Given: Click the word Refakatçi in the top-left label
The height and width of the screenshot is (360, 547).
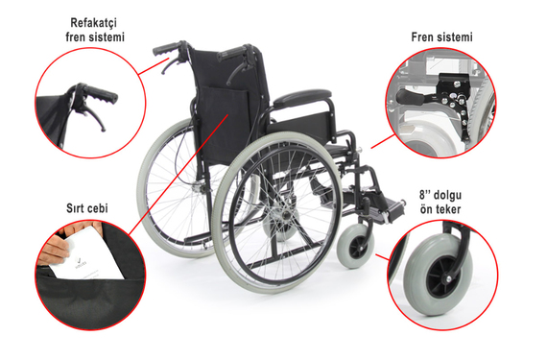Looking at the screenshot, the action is click(x=93, y=23).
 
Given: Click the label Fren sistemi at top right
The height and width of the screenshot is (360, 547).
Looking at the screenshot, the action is click(x=442, y=37).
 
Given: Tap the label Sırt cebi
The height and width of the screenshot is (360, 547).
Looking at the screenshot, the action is click(x=87, y=208).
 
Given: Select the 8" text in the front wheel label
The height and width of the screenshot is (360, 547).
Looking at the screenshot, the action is click(x=426, y=195).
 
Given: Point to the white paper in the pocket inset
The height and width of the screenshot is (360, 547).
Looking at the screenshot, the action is click(x=86, y=254).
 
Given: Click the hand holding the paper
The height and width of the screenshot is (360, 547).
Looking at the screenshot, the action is click(x=53, y=249).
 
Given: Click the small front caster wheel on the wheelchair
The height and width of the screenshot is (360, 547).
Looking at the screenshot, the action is click(x=355, y=246).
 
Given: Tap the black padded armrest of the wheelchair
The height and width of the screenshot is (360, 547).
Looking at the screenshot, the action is click(x=302, y=98).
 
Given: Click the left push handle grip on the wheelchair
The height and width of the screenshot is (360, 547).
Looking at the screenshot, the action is click(x=167, y=49).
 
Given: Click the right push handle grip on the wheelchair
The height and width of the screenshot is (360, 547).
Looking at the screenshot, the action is click(x=233, y=53).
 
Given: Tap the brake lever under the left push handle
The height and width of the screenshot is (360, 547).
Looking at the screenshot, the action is click(x=170, y=65).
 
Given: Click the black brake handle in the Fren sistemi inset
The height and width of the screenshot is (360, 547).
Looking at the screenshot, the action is click(x=409, y=95).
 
